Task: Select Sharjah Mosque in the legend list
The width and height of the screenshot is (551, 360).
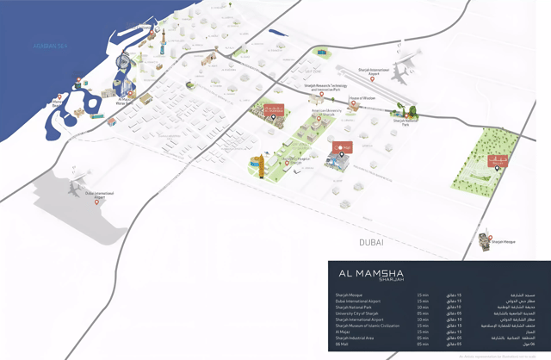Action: click(349, 295)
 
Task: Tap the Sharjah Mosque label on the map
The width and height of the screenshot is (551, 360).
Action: click(504, 243)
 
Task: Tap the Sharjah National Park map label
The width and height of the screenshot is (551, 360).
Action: click(405, 121)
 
